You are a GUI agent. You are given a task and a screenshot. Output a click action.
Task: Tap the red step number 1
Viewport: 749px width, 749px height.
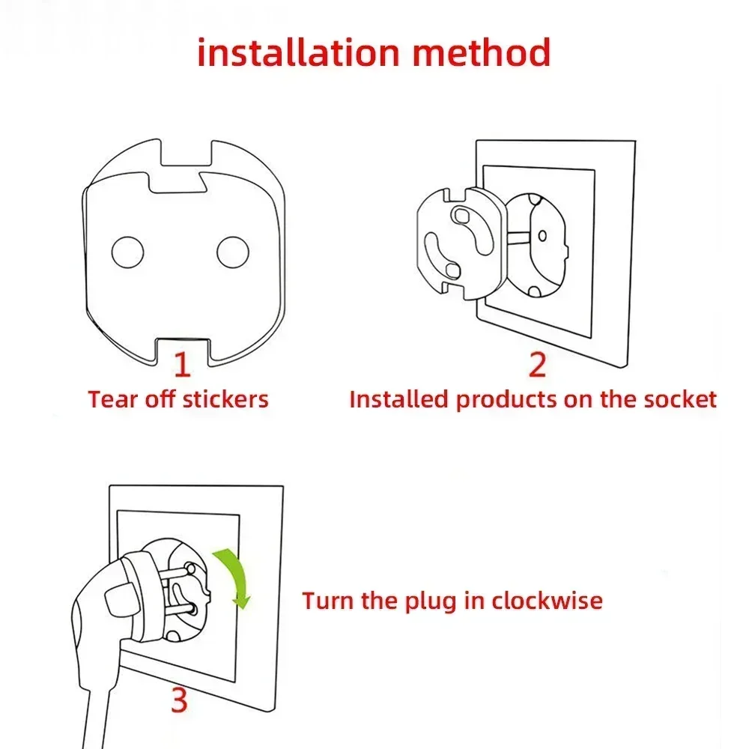point(182,364)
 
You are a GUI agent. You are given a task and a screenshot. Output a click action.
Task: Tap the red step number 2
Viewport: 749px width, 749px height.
point(537,364)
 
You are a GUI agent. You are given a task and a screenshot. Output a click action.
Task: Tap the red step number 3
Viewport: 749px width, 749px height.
point(178,701)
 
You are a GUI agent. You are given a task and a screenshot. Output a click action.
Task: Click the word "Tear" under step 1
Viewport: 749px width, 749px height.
point(111,398)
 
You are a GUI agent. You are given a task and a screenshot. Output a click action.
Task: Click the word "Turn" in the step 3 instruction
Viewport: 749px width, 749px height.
point(327,601)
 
